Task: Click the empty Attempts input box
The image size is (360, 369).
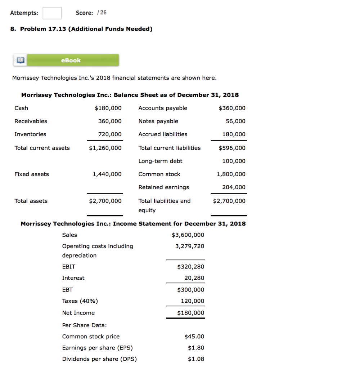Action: (52, 13)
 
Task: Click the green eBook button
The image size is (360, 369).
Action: (71, 60)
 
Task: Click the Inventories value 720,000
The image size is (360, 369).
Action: (110, 134)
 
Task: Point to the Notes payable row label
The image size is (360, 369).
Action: (158, 121)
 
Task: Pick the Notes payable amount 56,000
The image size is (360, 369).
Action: (236, 121)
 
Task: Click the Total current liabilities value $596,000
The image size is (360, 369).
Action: (232, 148)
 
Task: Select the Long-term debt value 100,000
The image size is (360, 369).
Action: (234, 161)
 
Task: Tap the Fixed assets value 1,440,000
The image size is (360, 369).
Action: (107, 174)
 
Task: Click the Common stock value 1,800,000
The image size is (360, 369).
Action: (231, 174)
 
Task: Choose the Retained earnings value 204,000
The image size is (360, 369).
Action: (234, 187)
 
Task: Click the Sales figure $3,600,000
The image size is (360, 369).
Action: (188, 235)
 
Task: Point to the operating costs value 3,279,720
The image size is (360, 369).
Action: (189, 246)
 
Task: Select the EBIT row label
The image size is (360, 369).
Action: (69, 267)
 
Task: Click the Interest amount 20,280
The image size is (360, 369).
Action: (194, 278)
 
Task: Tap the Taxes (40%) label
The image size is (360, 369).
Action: (80, 301)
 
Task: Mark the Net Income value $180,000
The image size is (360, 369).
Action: (190, 313)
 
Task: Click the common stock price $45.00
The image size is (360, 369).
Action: (194, 337)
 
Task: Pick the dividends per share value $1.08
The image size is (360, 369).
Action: (196, 359)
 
